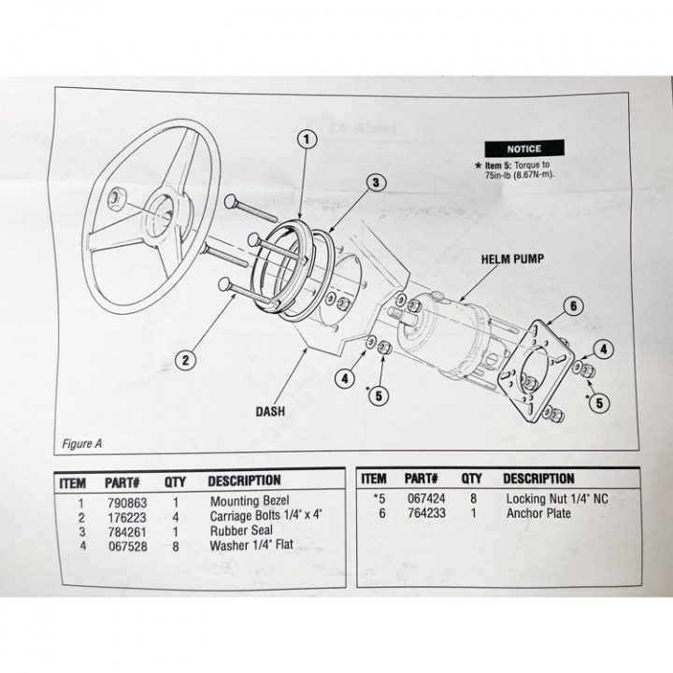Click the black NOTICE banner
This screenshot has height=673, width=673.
tap(523, 148)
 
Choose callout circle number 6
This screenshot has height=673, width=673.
tap(574, 305)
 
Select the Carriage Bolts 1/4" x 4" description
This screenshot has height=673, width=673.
tap(266, 514)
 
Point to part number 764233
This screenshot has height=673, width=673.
tap(427, 513)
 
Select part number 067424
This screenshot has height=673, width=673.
tap(427, 499)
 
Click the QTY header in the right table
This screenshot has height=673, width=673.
tap(471, 479)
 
